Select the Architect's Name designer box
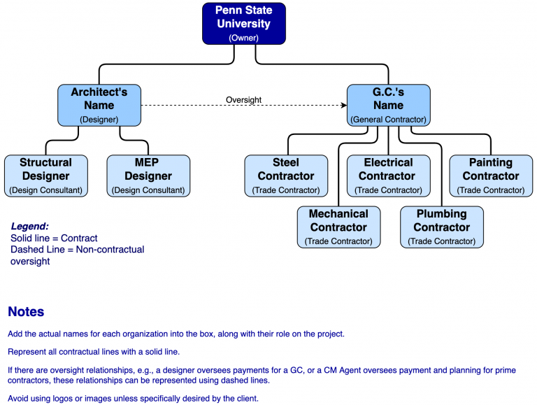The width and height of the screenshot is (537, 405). coord(99,105)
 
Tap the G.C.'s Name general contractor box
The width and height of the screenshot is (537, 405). coord(388,105)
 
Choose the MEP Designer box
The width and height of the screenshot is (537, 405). coord(148,176)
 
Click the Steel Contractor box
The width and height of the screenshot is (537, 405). coord(285,176)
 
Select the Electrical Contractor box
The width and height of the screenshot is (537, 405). coord(388,176)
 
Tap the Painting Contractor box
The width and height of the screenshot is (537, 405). coord(491,176)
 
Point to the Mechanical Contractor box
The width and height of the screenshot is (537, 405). coord(338,227)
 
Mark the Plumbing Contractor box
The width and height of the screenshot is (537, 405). coord(441,227)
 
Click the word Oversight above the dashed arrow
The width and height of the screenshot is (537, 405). coord(243,100)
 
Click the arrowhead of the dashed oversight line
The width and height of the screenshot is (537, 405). coord(343,106)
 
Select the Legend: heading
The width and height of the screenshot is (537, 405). coord(30,227)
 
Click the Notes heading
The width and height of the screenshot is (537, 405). coord(26,312)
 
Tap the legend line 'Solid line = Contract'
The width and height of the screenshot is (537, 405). coord(54,239)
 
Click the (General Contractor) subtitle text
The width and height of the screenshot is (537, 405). coord(388,120)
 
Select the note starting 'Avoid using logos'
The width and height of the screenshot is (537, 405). coord(133,399)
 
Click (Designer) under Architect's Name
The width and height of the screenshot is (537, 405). coord(99,120)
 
